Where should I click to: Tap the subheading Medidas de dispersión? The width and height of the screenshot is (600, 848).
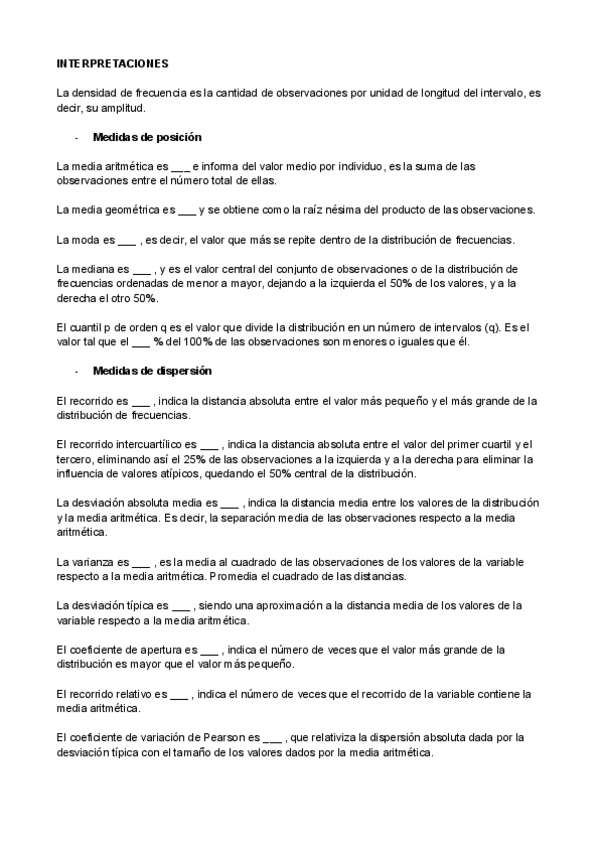(151, 371)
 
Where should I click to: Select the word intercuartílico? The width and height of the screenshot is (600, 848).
(141, 443)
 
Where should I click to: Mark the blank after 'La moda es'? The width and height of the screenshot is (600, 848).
(127, 241)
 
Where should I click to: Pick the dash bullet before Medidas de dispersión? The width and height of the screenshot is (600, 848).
(77, 371)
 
